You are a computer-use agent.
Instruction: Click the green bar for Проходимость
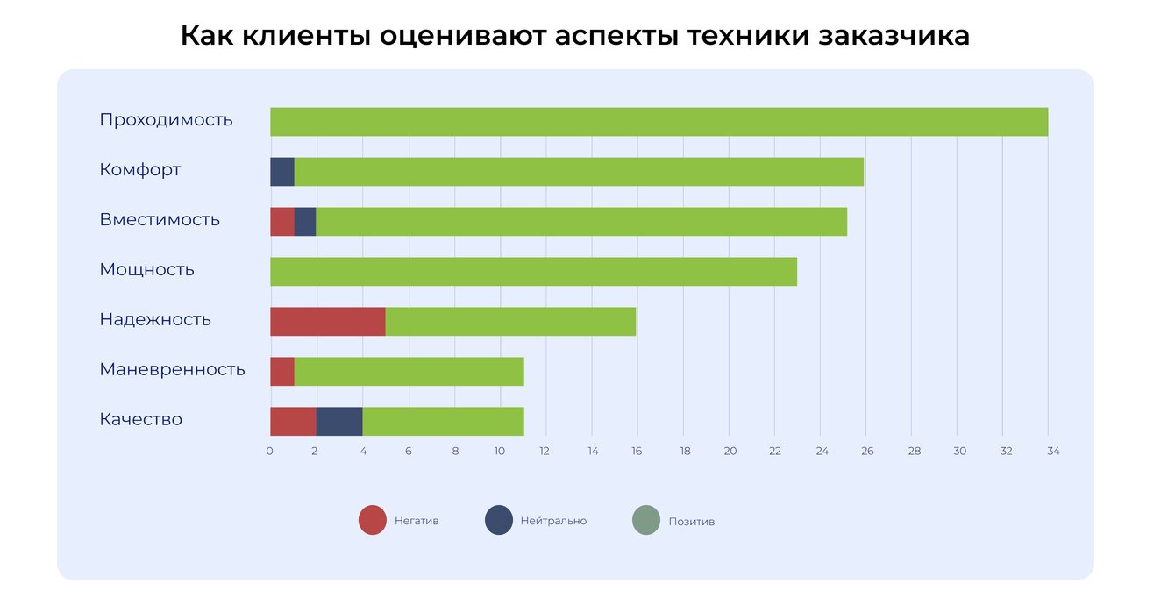pos(659,122)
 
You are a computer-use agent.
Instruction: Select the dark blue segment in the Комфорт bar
pos(282,172)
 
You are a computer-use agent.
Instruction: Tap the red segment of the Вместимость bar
pos(281,222)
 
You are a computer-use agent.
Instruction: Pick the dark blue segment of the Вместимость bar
pos(305,222)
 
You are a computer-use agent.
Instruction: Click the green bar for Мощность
pos(533,272)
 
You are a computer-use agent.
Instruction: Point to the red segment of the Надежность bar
pos(327,322)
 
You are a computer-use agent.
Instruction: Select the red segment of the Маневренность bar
pos(281,372)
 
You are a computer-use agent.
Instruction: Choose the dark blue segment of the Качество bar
pos(339,422)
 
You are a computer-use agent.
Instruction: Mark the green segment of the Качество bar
pos(443,422)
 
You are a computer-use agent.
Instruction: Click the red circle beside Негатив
pos(373,521)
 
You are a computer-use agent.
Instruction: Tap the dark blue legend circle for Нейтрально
pos(499,521)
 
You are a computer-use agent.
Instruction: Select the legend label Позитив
pos(692,522)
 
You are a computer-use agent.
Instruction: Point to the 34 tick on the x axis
pos(1053,452)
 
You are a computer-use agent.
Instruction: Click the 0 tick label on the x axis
pos(269,452)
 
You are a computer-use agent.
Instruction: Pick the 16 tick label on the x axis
pos(637,452)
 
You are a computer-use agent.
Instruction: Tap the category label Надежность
pos(155,319)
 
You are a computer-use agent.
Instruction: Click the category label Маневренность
pos(172,369)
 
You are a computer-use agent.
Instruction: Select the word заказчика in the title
pos(894,36)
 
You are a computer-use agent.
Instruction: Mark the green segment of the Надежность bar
pos(510,322)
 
